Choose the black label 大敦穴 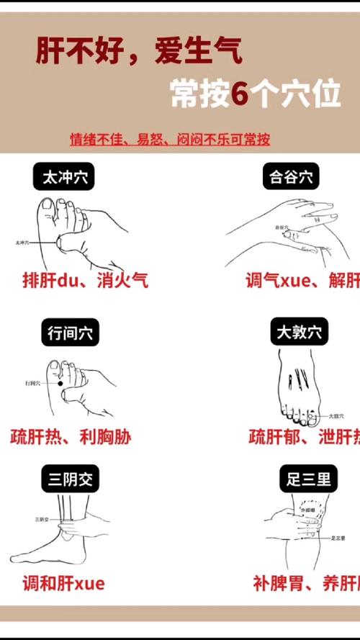click(302, 333)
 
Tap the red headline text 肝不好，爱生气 click(139, 52)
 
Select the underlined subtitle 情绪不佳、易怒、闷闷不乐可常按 click(170, 138)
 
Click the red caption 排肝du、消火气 click(85, 279)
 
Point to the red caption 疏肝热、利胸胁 click(71, 436)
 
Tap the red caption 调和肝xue click(63, 583)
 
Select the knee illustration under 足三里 click(302, 529)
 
